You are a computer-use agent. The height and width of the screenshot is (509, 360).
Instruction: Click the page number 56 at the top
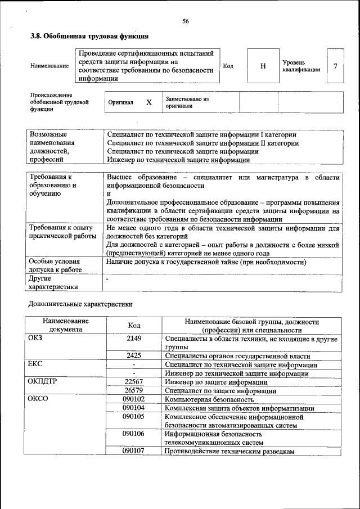click(186, 21)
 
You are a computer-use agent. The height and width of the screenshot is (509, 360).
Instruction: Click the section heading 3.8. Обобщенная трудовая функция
click(89, 37)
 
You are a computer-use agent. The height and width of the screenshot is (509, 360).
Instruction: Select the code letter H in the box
click(263, 66)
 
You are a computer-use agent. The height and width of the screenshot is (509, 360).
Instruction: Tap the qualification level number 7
click(335, 66)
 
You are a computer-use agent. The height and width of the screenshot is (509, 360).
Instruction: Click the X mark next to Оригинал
click(148, 103)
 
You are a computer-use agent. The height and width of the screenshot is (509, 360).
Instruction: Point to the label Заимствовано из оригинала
click(187, 102)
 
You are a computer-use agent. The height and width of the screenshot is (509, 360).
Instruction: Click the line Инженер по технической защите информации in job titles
click(178, 160)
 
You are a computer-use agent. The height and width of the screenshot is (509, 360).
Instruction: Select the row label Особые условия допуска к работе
click(55, 266)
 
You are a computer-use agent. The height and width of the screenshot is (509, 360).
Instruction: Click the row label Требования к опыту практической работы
click(58, 232)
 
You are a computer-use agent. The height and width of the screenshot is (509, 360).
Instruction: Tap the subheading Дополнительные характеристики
click(80, 304)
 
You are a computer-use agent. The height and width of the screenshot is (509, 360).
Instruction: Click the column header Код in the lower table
click(134, 326)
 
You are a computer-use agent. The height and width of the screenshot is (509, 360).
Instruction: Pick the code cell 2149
click(134, 339)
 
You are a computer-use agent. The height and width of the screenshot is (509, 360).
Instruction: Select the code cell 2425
click(134, 356)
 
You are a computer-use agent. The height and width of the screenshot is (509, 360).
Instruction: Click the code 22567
click(134, 382)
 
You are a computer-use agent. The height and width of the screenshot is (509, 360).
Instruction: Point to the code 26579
click(134, 390)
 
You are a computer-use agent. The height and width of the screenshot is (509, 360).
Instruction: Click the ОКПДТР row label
click(42, 382)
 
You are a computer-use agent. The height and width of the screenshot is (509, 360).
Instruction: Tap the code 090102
click(134, 399)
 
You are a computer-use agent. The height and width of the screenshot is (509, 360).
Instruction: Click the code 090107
click(134, 451)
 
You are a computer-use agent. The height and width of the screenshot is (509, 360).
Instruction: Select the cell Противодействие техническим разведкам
click(229, 451)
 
